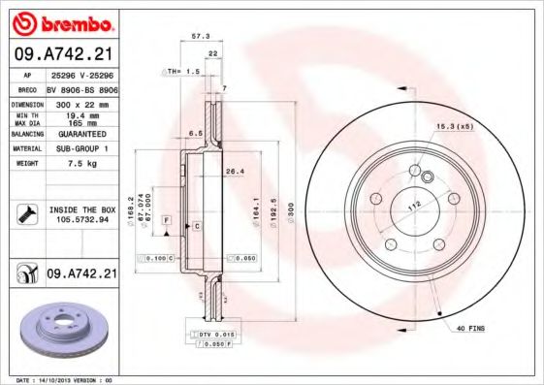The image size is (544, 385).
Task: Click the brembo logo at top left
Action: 61,22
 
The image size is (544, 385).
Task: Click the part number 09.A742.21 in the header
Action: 61,55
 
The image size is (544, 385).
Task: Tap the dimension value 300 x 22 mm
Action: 80,103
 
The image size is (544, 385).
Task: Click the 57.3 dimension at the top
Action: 201,36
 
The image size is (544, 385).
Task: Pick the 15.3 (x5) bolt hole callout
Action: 455,127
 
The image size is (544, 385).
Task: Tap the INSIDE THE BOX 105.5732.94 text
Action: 80,214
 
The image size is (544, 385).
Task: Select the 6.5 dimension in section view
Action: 195,133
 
